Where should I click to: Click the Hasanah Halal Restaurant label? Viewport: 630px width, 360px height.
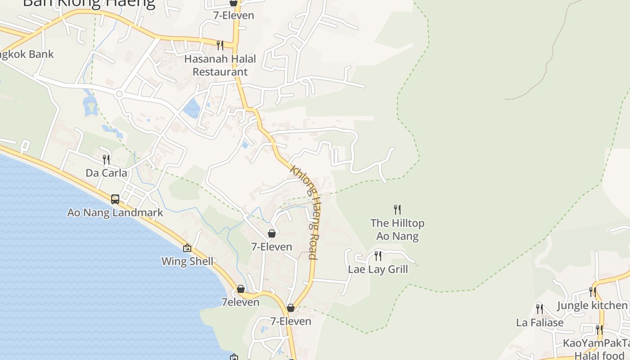(220, 65)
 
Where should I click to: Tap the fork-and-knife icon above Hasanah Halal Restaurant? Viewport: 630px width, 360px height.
(220, 45)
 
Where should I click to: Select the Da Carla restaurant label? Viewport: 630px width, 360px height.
(106, 173)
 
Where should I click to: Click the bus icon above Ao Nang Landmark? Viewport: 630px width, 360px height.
(115, 199)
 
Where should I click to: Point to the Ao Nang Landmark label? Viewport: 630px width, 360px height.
(115, 212)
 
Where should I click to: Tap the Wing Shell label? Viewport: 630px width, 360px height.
(187, 261)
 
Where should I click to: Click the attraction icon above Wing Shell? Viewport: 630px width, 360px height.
(187, 248)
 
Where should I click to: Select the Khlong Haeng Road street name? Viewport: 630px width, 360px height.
(306, 211)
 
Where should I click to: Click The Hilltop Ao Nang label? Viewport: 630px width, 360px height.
(397, 229)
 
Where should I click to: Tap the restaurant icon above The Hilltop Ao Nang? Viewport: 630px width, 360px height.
(397, 209)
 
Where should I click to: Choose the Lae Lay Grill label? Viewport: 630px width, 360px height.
(378, 270)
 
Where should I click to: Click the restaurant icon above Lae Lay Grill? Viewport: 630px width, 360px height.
(378, 256)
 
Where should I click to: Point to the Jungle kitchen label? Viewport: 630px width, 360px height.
(592, 306)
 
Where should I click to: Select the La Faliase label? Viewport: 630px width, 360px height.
(540, 323)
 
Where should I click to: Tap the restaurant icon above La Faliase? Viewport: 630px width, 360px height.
(539, 309)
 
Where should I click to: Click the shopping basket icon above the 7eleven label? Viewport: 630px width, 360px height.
(241, 289)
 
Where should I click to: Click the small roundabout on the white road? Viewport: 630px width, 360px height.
(119, 94)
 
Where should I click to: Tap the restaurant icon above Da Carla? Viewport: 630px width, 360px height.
(106, 159)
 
